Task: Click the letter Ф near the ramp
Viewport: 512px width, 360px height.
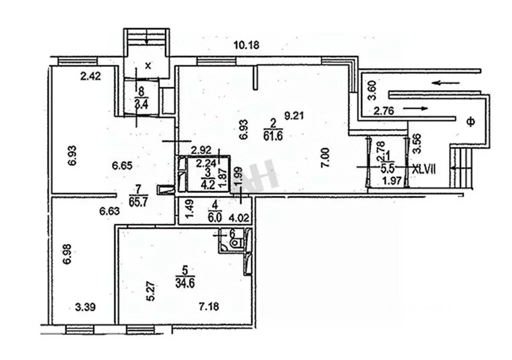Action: coord(471,121)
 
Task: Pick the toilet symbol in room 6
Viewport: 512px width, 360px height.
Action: coord(235,243)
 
